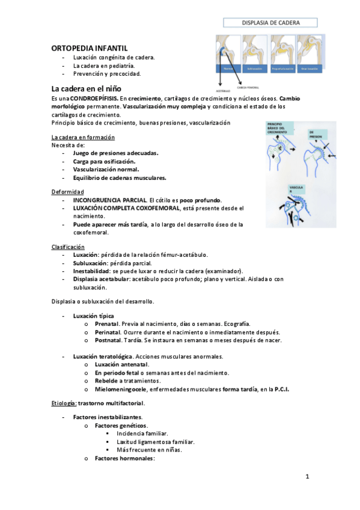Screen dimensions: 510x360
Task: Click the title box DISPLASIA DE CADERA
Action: pos(270,23)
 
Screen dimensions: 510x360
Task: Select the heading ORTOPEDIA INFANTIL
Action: pos(90,47)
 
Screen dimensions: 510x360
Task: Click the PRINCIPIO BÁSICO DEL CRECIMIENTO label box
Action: pos(278,131)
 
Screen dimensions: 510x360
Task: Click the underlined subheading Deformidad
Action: pos(68,192)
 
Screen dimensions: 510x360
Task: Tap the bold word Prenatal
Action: pos(107,324)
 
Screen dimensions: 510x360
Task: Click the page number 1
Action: pos(307,478)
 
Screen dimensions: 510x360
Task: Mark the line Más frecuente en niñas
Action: pos(149,449)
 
